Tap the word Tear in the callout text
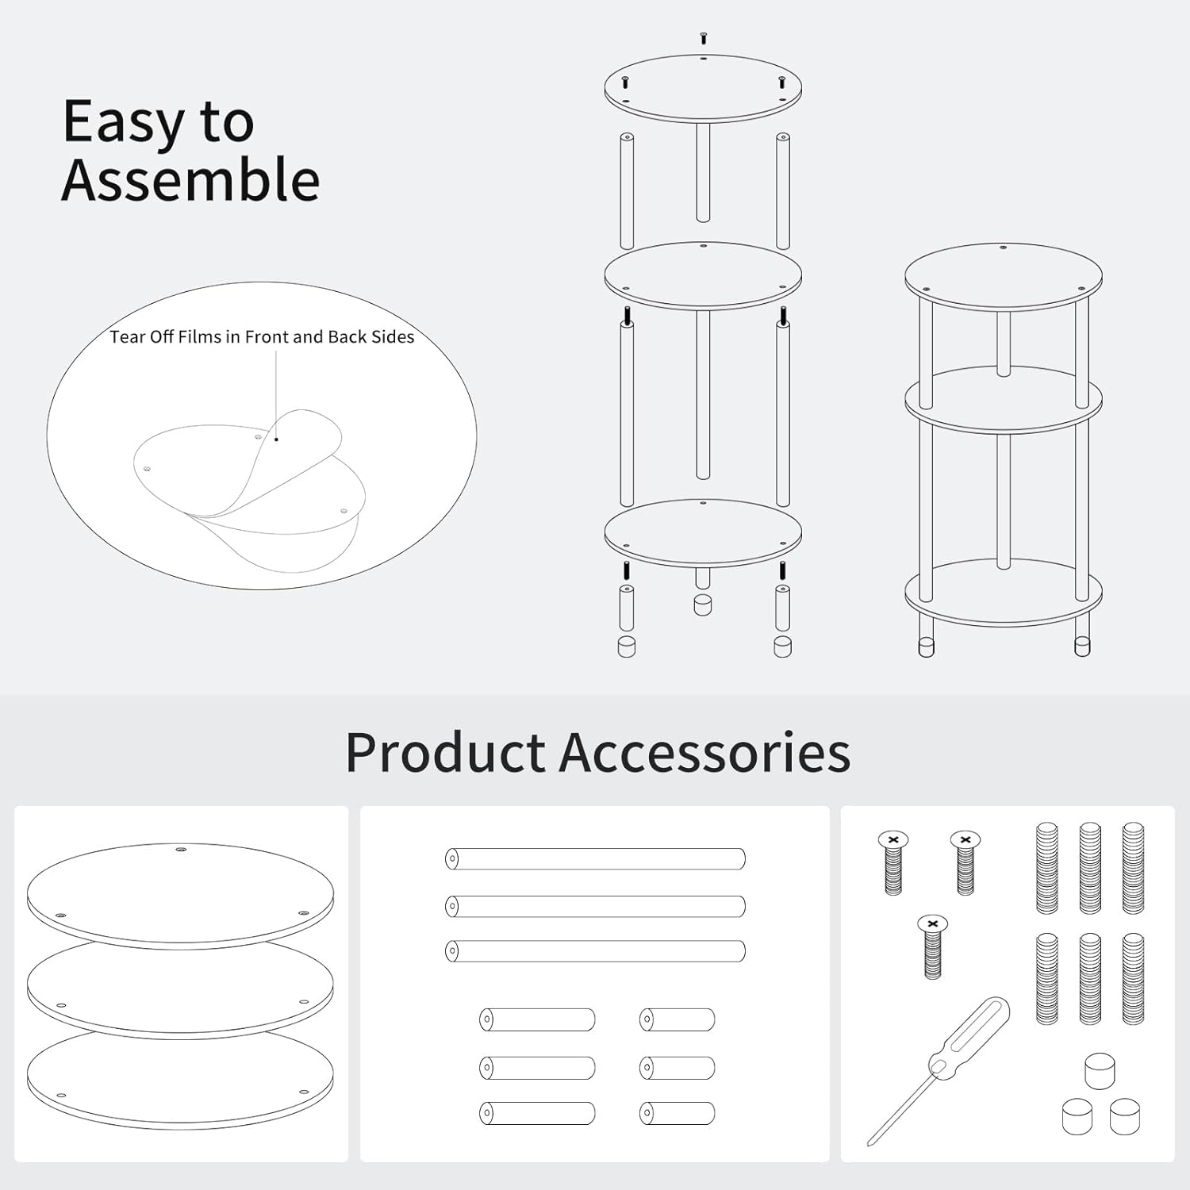127,337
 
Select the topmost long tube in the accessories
595,858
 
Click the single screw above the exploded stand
703,37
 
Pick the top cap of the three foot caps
1100,1070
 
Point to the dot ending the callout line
276,439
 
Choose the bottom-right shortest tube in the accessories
678,1113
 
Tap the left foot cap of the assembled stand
926,647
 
